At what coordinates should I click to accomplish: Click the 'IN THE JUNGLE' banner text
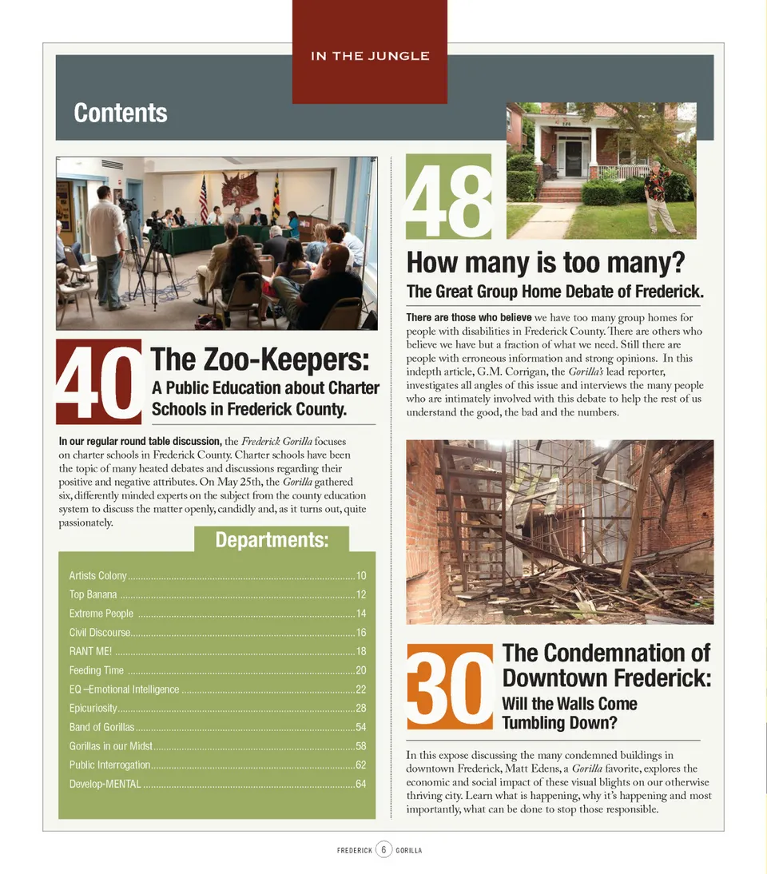point(370,56)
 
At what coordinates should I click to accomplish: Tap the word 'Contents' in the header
point(121,113)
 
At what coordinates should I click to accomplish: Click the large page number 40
point(98,382)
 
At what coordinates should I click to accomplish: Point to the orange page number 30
point(450,686)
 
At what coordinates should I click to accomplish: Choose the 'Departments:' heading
point(272,540)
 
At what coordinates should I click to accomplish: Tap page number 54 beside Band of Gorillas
point(360,727)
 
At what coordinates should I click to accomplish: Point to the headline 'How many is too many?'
point(546,262)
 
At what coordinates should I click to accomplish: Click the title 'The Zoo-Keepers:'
point(260,360)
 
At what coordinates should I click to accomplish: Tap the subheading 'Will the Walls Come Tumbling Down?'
point(569,713)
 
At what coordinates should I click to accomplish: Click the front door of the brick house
point(574,157)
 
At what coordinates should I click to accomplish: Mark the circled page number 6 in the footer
point(383,849)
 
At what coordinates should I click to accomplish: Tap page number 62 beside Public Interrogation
point(360,765)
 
